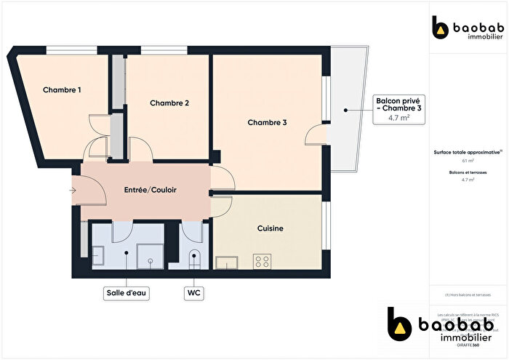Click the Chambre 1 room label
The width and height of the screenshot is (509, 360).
[62, 90]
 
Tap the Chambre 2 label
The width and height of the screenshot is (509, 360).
[169, 103]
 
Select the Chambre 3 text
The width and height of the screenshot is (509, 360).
[267, 123]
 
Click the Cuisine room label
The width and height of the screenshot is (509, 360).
[270, 228]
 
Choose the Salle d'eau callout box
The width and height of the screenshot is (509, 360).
[127, 293]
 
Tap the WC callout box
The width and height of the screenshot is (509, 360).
[194, 293]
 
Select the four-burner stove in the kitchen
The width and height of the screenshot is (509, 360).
[262, 262]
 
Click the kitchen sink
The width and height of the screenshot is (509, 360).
[227, 264]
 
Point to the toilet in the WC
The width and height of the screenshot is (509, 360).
[194, 258]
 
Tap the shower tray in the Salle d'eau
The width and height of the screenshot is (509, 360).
[151, 255]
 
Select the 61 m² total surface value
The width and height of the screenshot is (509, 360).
[468, 161]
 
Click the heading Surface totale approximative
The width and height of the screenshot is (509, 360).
[468, 152]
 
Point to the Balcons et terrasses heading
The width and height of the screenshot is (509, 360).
[468, 172]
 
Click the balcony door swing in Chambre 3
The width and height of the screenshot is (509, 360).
[316, 136]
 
